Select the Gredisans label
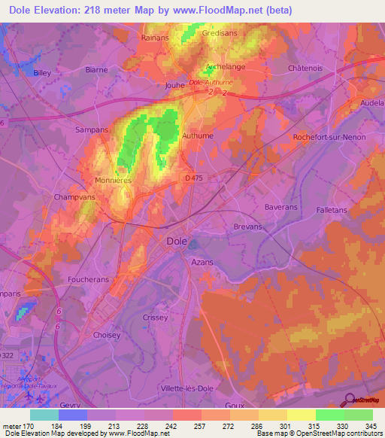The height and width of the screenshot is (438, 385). pyautogui.click(x=218, y=33)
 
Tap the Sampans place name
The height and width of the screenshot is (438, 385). pyautogui.click(x=92, y=129)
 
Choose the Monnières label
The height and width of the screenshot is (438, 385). pyautogui.click(x=114, y=181)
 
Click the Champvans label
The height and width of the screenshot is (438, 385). pyautogui.click(x=73, y=197)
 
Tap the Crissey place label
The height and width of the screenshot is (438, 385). pyautogui.click(x=155, y=318)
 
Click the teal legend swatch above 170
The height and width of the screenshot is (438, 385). pyautogui.click(x=44, y=415)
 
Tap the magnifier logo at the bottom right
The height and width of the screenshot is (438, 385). pyautogui.click(x=349, y=401)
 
